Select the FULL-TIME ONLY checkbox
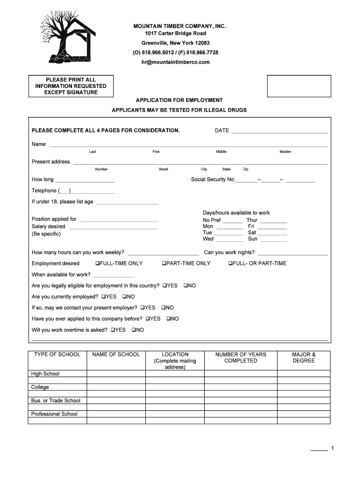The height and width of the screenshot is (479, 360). point(97,263)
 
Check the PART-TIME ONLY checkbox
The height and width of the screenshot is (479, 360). point(164,263)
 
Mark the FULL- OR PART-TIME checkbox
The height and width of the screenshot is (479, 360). point(230,263)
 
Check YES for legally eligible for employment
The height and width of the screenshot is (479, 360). point(165,285)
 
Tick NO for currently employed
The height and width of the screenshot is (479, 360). point(125,297)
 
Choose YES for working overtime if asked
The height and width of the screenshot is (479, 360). point(113,330)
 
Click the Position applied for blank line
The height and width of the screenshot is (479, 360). point(119,220)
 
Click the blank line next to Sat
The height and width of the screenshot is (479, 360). point(272,233)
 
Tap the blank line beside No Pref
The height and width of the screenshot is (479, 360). point(232,221)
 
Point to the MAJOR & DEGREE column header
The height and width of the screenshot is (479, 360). point(303,358)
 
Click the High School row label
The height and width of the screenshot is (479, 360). point(45,374)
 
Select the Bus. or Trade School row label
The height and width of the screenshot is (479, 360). point(56,400)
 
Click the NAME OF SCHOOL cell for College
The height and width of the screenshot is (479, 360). point(116,387)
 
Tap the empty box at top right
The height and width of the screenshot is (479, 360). point(299,86)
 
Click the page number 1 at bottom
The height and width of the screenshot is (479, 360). point(332,449)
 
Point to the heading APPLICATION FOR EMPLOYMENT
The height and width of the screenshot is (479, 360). point(179,101)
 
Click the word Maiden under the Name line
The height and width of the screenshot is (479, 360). point(285,152)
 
